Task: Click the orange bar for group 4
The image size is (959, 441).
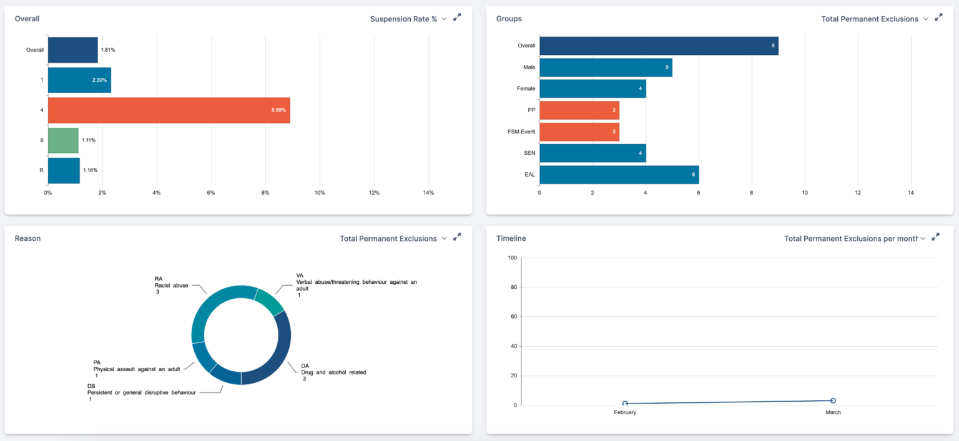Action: tap(169, 110)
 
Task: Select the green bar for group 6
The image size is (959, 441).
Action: tap(63, 140)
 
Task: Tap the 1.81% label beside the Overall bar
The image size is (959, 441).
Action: tap(108, 50)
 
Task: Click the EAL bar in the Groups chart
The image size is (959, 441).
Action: tap(619, 175)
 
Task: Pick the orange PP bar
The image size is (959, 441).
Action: tap(579, 110)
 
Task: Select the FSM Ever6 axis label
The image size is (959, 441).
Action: tap(521, 132)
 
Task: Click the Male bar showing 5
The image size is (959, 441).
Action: tap(606, 67)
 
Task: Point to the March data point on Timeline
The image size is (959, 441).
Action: tap(833, 400)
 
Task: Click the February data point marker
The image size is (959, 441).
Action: tap(625, 404)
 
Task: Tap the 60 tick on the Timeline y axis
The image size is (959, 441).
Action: tap(513, 317)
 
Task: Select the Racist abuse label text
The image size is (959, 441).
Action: tap(171, 286)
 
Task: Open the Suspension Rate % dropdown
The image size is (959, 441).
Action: tap(408, 19)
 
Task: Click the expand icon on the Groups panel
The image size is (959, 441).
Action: tap(938, 18)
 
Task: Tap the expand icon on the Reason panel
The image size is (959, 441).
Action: tap(457, 238)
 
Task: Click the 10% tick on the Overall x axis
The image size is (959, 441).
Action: tap(320, 193)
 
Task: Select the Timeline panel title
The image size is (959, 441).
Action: tap(511, 238)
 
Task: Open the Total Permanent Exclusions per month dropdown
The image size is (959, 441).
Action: tap(854, 238)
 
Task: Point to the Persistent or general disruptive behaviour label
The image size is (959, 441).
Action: tap(142, 392)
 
